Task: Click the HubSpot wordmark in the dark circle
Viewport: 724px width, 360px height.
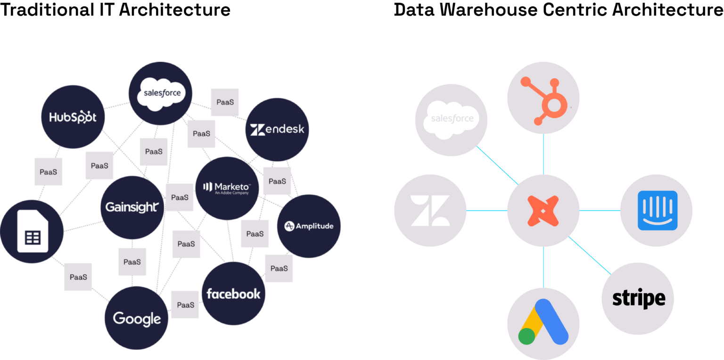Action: coord(73,117)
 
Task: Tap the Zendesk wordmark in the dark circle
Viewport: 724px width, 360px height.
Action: coord(277,129)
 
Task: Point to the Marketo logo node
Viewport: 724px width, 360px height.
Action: coord(227,188)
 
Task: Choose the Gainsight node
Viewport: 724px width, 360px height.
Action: coord(132,207)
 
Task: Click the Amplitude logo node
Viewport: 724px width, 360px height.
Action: coord(309,226)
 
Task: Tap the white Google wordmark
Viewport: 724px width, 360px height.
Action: coord(137,319)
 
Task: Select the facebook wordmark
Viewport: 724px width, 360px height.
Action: coord(233,294)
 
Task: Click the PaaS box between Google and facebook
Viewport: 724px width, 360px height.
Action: coord(185,305)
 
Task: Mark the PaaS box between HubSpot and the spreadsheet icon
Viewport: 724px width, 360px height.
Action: coord(48,172)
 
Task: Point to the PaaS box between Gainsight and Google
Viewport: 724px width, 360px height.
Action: coord(132,262)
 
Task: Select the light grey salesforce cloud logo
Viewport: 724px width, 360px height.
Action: coord(452,120)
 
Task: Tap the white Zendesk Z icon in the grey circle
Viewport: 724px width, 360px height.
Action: coord(430,211)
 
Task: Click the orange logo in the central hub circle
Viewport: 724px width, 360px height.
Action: coord(543,211)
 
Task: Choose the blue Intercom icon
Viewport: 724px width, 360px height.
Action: coord(657,211)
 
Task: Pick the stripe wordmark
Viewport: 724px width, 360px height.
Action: coord(638,299)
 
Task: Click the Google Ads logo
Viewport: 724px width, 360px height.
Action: coord(543,322)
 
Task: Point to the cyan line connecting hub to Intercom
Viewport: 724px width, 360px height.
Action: coord(600,211)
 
